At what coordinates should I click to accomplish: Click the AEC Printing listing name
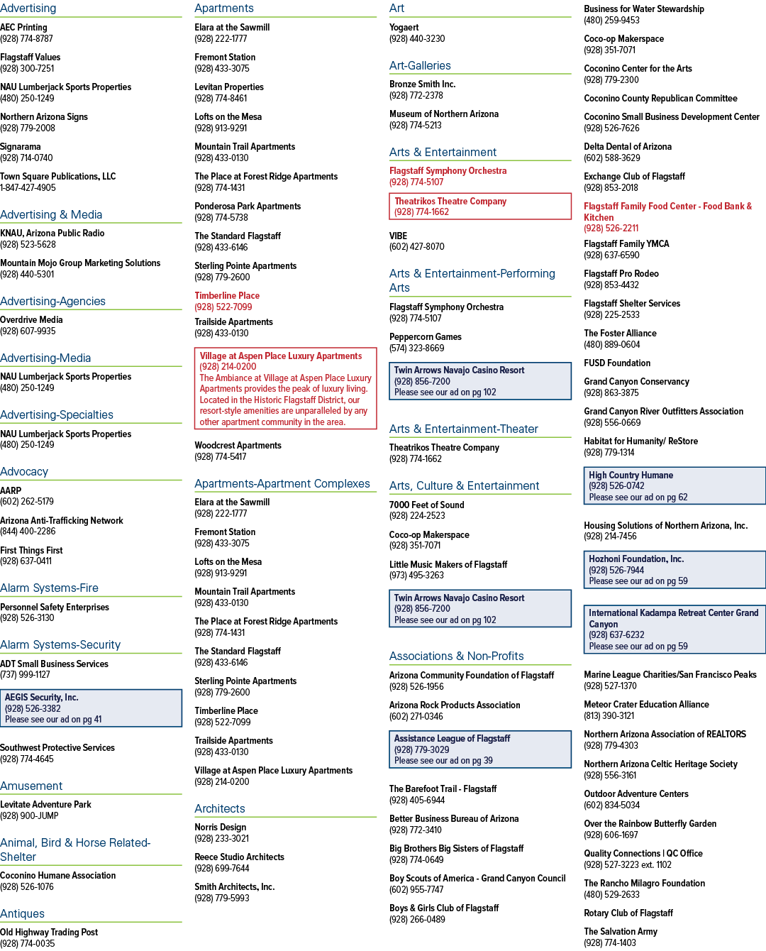23,28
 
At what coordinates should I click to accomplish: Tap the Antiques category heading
22,913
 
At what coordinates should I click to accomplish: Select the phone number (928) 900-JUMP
29,815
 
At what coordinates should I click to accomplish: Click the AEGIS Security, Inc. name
42,698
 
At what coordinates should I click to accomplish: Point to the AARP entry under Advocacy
11,490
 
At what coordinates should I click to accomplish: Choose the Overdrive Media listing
31,319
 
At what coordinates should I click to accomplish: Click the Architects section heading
220,808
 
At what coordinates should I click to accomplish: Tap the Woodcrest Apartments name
238,446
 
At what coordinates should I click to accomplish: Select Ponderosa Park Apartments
248,207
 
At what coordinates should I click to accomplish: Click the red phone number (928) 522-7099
223,307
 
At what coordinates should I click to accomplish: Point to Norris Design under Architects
221,828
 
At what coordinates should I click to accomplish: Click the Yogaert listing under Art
404,28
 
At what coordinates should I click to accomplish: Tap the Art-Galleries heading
420,65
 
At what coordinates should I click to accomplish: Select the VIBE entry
398,236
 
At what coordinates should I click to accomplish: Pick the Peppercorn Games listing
425,336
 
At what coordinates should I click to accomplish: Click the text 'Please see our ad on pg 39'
443,760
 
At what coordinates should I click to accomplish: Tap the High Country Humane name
631,475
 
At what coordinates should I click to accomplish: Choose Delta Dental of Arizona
627,147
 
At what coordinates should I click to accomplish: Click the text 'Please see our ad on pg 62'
638,498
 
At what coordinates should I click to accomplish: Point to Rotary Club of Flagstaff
628,913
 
